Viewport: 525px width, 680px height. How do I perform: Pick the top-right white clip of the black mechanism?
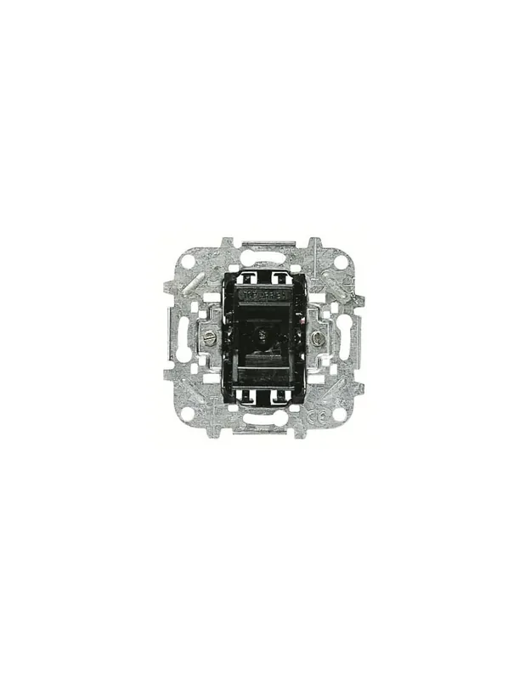pyautogui.click(x=281, y=276)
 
